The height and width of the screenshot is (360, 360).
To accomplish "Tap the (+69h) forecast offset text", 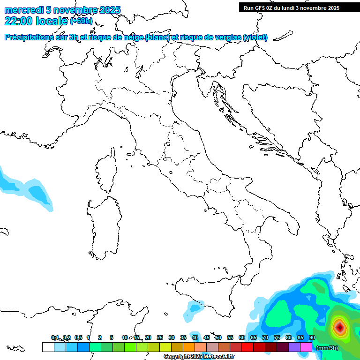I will click(x=81, y=22).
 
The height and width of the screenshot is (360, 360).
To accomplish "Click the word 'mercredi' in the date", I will click(x=23, y=10).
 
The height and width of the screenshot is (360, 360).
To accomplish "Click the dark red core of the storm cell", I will click(x=339, y=326).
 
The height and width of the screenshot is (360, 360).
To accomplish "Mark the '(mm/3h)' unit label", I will click(x=327, y=348).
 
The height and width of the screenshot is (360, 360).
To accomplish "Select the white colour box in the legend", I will click(x=48, y=347).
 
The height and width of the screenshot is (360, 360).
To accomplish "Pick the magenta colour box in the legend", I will click(x=306, y=347).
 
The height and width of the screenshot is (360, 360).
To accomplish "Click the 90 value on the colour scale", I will click(x=312, y=337).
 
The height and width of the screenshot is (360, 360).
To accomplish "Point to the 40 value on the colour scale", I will click(x=195, y=337).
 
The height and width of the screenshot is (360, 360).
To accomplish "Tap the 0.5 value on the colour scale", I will click(x=78, y=337).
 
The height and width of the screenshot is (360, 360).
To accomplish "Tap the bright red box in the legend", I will click(x=247, y=347).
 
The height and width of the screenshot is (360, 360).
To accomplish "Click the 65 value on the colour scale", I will click(x=253, y=337).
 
